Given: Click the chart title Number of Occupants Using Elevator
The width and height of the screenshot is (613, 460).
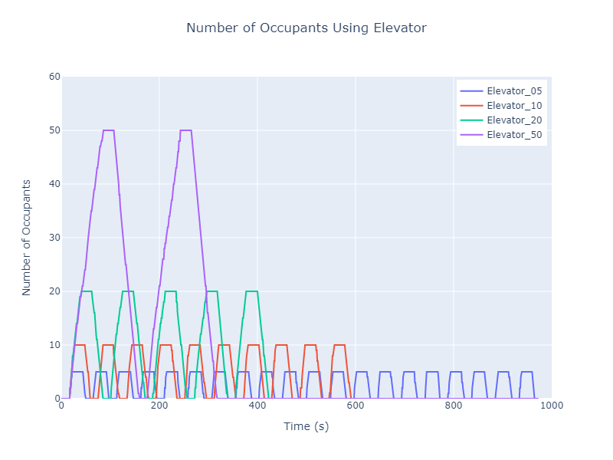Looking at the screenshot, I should coord(306,28).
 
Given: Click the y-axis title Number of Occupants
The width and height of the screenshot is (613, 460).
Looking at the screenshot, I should coord(27,238).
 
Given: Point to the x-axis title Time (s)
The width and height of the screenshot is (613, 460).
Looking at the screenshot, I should coord(306,426).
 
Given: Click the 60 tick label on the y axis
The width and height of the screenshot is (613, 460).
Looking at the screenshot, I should coord(54,77).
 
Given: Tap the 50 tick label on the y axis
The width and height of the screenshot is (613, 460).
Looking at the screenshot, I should coord(54,130).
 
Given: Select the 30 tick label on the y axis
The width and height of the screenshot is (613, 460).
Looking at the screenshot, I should coord(54,238).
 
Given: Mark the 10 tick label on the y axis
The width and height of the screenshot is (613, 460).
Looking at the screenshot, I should coord(54,345).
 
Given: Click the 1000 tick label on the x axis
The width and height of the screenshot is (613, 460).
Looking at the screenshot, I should coord(550,406).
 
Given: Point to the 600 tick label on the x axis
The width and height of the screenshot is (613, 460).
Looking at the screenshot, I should coord(356,406).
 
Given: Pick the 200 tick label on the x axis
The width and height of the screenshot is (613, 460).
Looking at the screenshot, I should coord(159,406).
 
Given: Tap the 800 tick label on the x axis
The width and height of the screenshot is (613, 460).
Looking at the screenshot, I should coord(454,406).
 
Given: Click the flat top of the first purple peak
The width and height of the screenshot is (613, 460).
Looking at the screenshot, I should coord(108,130).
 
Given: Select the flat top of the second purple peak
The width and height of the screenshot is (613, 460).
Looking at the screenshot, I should coord(185,130).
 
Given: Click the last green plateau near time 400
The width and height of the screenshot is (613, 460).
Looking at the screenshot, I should coord(251,291).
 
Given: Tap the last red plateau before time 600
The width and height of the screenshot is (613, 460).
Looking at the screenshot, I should coord(339,345).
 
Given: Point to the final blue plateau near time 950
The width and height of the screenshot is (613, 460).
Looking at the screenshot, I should coord(526,372).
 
